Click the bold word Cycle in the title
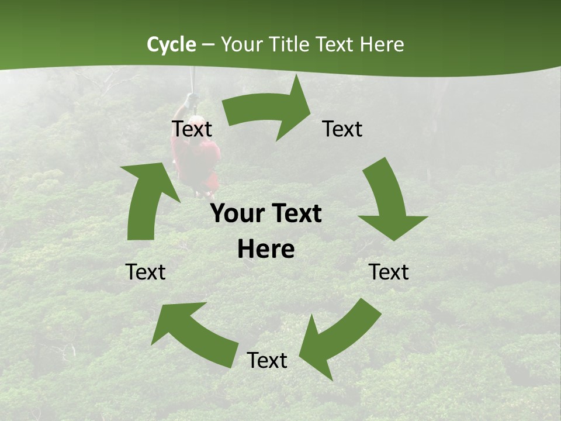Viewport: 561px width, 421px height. click(171, 44)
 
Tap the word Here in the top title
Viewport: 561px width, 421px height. click(382, 44)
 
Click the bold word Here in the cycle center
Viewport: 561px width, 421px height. click(266, 250)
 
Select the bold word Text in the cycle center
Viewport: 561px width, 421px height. click(296, 214)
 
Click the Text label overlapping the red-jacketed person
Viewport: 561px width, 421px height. click(192, 129)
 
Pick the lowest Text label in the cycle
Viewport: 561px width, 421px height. click(267, 361)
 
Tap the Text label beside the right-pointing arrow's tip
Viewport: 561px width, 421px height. click(342, 129)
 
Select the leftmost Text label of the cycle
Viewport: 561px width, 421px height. click(146, 272)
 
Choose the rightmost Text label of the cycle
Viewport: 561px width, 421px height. click(389, 272)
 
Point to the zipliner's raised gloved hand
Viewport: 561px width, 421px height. click(191, 99)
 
